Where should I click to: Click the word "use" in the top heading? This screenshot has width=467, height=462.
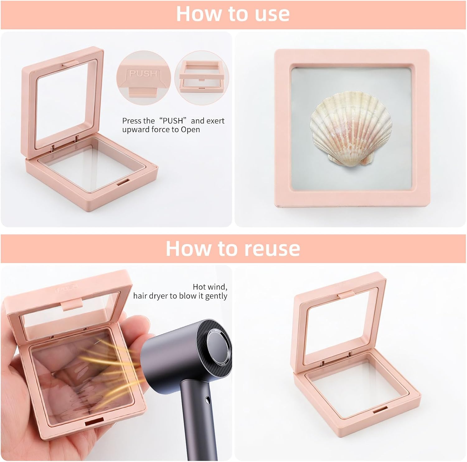tap(272, 14)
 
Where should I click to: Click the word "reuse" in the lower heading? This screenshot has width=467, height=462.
tap(272, 248)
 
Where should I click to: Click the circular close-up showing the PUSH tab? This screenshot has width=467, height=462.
tap(144, 78)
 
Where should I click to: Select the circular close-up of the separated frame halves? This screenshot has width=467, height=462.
tap(201, 78)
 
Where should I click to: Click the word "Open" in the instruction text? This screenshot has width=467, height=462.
tap(190, 130)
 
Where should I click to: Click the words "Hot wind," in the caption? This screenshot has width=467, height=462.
tap(210, 287)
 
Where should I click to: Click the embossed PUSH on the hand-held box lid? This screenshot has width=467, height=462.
tap(67, 289)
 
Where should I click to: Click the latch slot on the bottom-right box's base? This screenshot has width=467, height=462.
tap(380, 410)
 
